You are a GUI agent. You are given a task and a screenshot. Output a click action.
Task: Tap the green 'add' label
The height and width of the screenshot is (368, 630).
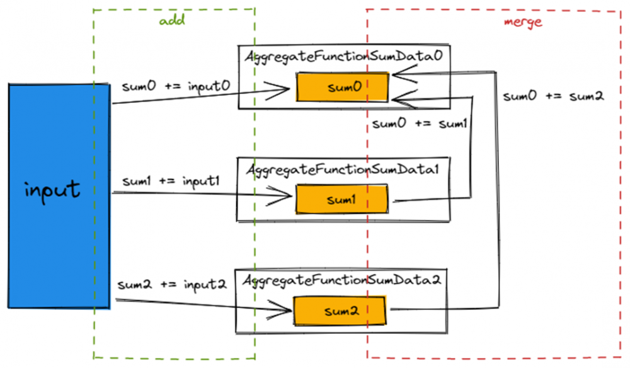click(171, 21)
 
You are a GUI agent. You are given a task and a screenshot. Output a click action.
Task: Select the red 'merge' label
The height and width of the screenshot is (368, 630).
click(523, 21)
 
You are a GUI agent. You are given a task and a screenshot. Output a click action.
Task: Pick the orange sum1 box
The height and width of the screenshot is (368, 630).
click(342, 200)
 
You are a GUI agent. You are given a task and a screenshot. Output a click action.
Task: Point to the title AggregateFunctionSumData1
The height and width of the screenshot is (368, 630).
click(343, 170)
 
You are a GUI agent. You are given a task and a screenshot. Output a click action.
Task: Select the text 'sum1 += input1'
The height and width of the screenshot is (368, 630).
click(171, 181)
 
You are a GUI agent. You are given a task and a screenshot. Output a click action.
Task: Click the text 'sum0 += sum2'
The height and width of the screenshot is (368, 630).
click(554, 96)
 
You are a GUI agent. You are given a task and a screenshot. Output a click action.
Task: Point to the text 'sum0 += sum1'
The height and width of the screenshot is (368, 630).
click(419, 124)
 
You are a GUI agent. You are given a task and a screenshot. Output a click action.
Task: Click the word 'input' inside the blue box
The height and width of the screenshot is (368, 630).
click(53, 188)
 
